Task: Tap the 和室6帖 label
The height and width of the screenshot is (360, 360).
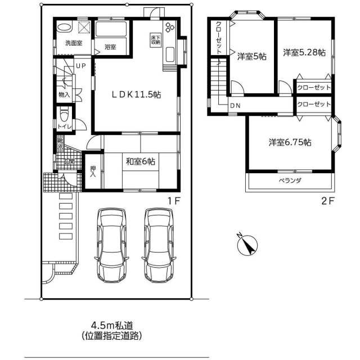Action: pyautogui.click(x=141, y=161)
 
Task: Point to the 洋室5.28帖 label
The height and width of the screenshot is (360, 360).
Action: pyautogui.click(x=304, y=53)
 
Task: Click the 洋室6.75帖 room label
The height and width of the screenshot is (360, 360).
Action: pyautogui.click(x=289, y=142)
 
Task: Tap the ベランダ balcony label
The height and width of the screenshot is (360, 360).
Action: pyautogui.click(x=290, y=181)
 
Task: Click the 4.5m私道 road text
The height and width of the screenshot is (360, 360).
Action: pyautogui.click(x=111, y=326)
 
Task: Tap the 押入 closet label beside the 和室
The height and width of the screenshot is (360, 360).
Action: pyautogui.click(x=93, y=171)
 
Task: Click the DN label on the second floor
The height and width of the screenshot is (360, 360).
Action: pyautogui.click(x=235, y=105)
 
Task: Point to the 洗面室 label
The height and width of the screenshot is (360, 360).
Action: pyautogui.click(x=73, y=43)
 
